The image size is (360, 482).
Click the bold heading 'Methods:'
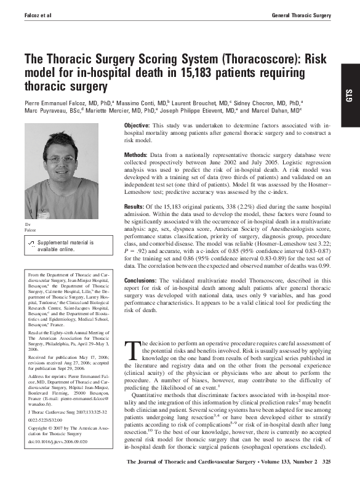(139, 156)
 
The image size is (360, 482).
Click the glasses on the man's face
(61, 159)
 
